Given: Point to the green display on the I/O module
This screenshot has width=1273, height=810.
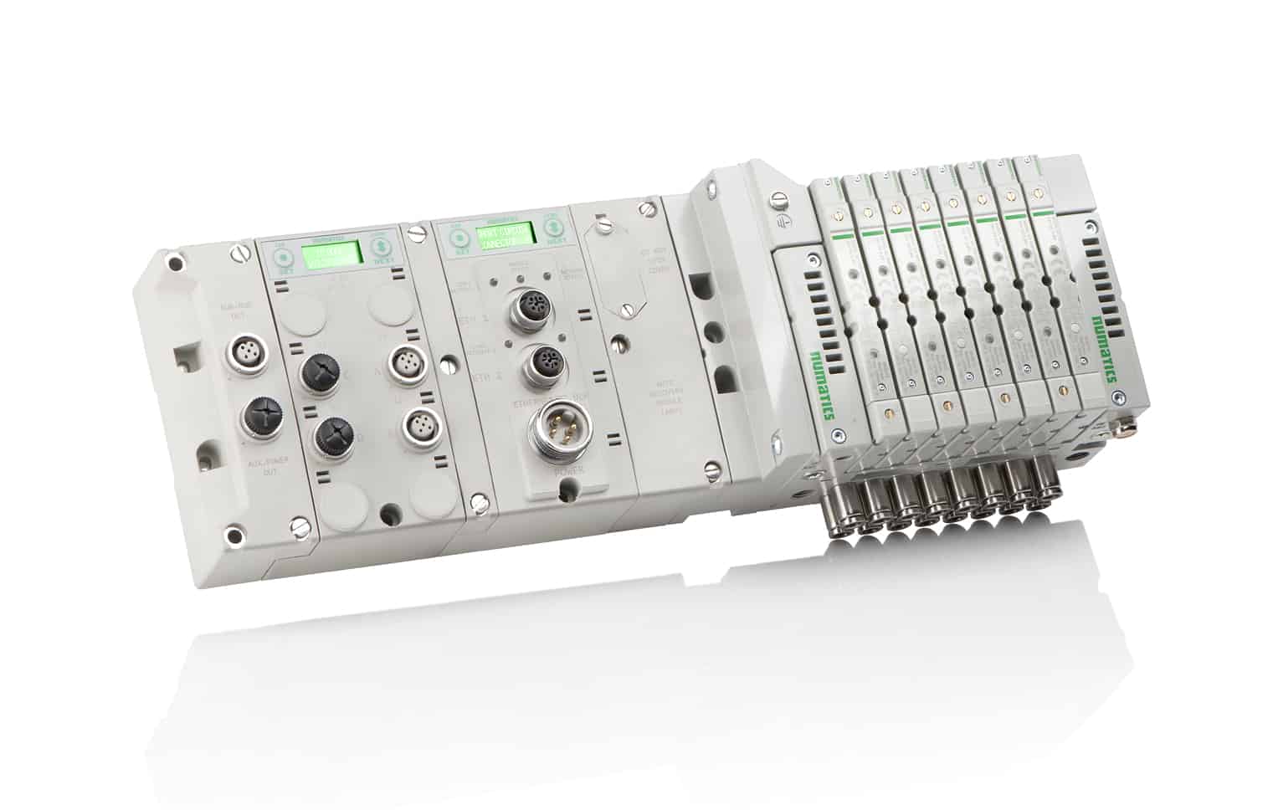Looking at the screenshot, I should point(331,252).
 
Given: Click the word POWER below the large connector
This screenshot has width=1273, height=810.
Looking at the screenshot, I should point(568,475).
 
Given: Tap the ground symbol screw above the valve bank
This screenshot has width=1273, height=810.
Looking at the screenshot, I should point(781,201).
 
